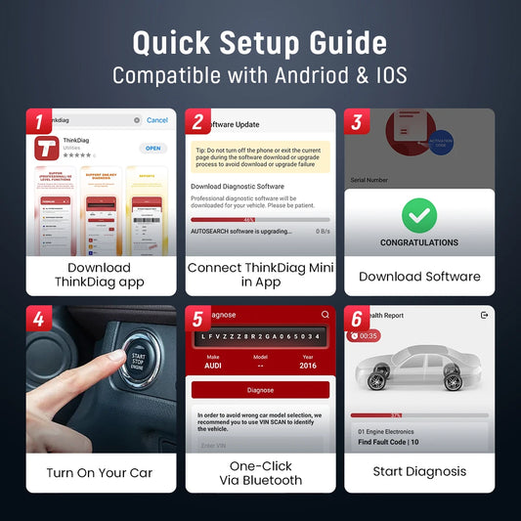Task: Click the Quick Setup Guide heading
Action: point(260,42)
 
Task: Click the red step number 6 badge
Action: point(356,319)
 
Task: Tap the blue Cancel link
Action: point(156,120)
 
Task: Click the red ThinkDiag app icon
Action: point(46,149)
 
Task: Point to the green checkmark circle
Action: point(419,214)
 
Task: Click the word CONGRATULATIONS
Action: point(419,242)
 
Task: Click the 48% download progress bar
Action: point(260,220)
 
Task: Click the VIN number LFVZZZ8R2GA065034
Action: point(260,335)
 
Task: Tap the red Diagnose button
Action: point(260,389)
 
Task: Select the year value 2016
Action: point(309,364)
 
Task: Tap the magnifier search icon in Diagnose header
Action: point(326,315)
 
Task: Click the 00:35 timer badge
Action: point(367,335)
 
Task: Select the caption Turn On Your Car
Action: point(99,473)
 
